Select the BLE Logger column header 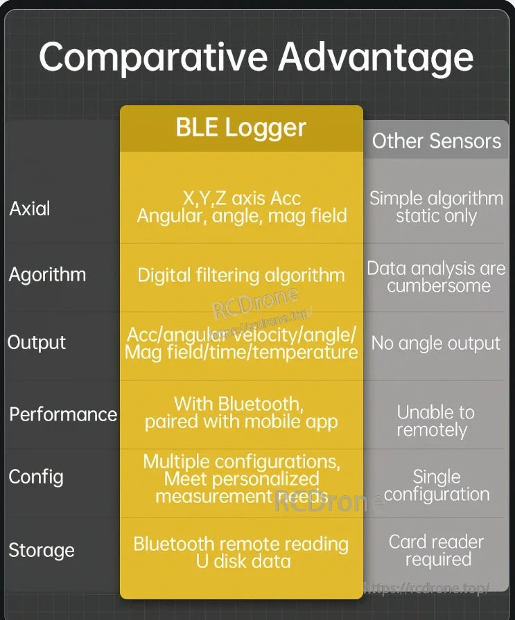(x=241, y=127)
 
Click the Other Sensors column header (x=436, y=141)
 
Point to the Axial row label (x=30, y=209)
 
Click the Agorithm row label (x=47, y=275)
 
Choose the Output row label (x=37, y=343)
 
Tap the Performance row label (x=63, y=414)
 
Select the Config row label (x=36, y=477)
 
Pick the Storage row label (x=42, y=550)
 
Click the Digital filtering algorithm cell (x=241, y=275)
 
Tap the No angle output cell (x=436, y=344)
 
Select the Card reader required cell (x=436, y=551)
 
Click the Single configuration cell (x=437, y=486)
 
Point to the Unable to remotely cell (x=435, y=421)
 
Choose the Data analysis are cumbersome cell (x=436, y=277)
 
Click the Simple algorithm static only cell (x=436, y=207)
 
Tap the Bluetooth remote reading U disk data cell (x=241, y=552)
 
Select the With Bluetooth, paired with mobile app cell (x=241, y=413)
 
